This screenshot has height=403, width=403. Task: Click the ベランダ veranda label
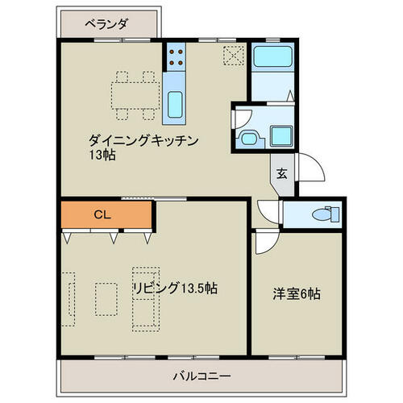[x=106, y=24]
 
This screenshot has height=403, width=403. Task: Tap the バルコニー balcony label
[x=201, y=376]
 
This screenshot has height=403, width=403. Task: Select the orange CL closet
[x=106, y=214]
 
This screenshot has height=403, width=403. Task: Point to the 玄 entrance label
[x=282, y=173]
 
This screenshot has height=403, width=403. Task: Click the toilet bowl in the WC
[x=322, y=214]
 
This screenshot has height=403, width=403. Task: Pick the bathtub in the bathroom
[x=272, y=56]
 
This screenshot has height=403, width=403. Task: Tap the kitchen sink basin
[x=175, y=105]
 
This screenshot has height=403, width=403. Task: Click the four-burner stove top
[x=176, y=57]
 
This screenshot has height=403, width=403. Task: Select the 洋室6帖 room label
[x=297, y=294]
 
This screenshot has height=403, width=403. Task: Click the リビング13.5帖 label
[x=176, y=289]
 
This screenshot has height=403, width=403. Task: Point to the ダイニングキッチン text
[x=143, y=141]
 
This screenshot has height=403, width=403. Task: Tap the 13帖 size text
[x=102, y=155]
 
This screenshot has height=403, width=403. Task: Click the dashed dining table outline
[x=135, y=96]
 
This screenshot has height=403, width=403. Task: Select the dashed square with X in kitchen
[x=234, y=56]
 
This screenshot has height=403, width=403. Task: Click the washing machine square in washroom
[x=281, y=136]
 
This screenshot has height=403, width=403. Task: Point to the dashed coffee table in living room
[x=106, y=299]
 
